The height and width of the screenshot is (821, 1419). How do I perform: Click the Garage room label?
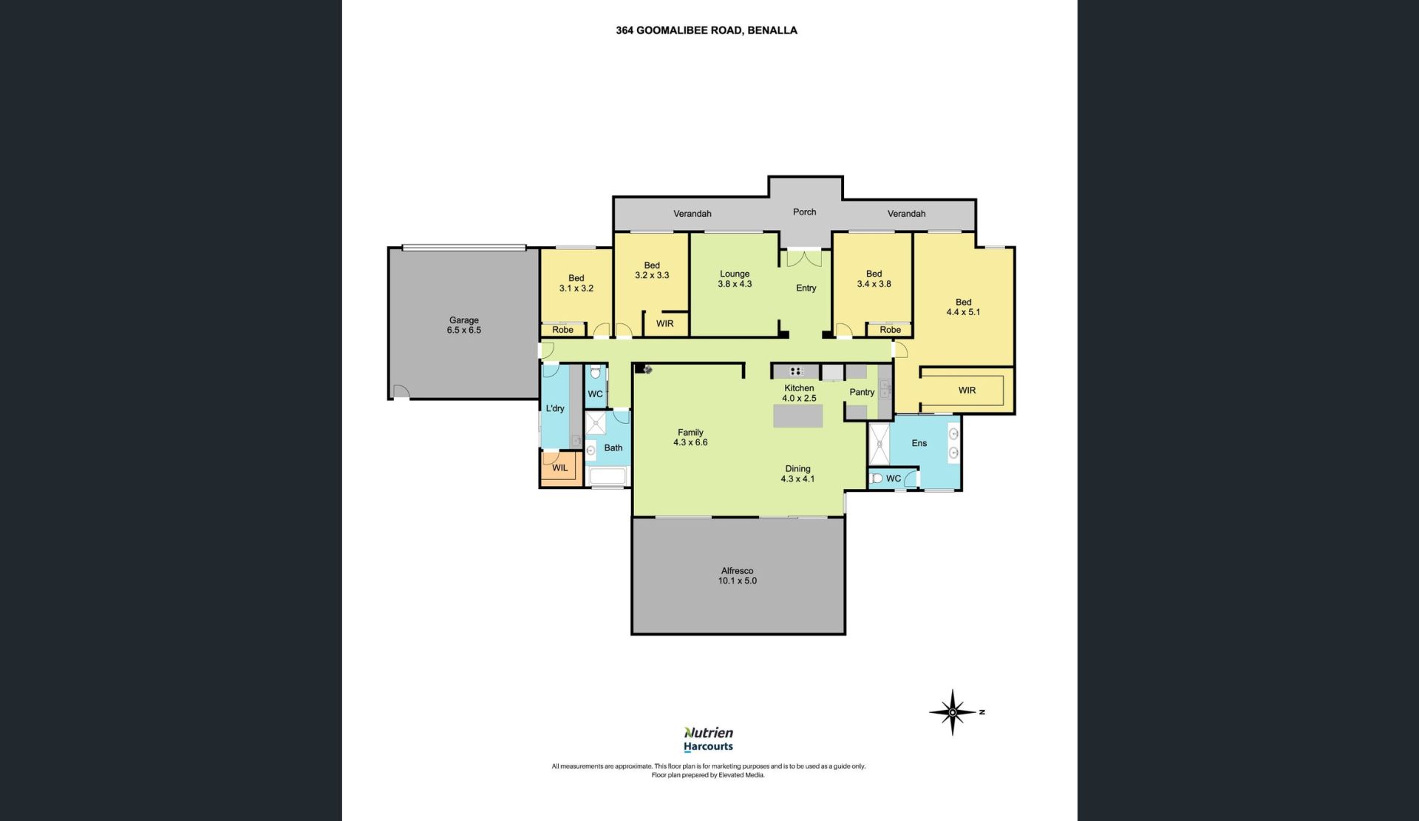point(463,325)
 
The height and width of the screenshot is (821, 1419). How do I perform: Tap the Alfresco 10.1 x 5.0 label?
point(737,575)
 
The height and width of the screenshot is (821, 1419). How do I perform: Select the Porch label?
point(804,212)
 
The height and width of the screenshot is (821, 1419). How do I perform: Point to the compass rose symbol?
point(953,712)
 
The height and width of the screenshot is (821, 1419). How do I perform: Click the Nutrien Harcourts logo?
point(708,739)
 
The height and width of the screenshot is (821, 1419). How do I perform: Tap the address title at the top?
point(707,30)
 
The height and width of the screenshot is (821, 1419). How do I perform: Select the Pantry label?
point(862,392)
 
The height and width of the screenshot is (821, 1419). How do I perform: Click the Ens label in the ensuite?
point(919,443)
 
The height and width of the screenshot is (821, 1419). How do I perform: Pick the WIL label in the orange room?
point(559,467)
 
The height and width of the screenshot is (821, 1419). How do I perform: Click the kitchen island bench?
point(797,416)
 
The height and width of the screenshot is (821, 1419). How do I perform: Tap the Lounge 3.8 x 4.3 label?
point(734,279)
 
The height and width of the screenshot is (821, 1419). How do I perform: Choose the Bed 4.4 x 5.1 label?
point(963,307)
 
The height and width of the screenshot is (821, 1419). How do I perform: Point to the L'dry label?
point(555,408)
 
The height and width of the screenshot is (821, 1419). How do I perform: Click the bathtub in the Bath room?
point(608,476)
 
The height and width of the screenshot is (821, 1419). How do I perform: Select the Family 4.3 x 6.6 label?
point(690,437)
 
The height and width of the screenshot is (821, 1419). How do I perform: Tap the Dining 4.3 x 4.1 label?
point(797,473)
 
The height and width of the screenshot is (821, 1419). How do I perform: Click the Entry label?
point(806,288)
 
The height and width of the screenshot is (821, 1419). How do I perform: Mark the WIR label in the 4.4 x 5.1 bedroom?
point(967,391)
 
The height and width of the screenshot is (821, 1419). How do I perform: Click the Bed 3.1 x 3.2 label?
point(576,283)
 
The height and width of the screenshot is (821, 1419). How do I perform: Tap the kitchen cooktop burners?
point(796,371)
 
